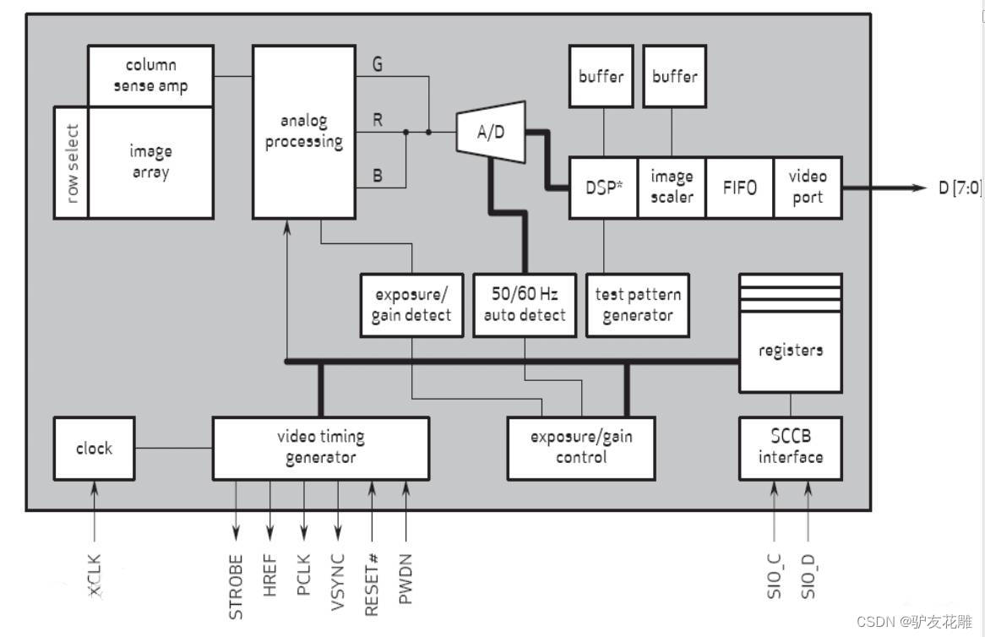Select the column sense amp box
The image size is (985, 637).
150,76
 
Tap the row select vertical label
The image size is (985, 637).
73,162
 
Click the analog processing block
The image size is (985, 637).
304,133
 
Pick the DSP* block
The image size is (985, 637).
602,188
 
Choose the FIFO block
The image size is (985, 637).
739,188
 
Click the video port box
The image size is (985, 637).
808,188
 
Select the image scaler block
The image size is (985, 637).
672,188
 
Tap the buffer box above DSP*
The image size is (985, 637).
601,77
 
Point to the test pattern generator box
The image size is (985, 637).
638,305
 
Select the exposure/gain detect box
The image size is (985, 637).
411,305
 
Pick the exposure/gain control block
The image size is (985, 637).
581,447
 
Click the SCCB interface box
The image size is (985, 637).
790,447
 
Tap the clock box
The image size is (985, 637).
94,448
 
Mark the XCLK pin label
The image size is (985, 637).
95,577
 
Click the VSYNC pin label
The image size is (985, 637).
338,581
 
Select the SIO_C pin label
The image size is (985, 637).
775,575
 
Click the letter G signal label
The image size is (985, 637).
377,63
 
